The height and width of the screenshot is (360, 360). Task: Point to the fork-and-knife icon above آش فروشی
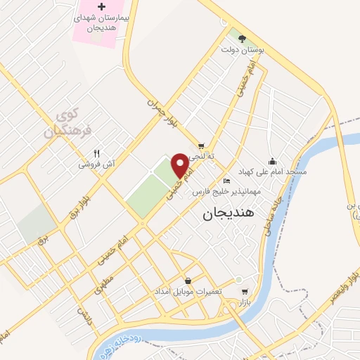(97, 153)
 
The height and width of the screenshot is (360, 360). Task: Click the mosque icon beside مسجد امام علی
(273, 160)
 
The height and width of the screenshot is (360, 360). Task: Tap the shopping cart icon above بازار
(244, 292)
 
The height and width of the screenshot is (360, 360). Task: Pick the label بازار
(244, 303)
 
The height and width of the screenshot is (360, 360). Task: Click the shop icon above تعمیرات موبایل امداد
(188, 280)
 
